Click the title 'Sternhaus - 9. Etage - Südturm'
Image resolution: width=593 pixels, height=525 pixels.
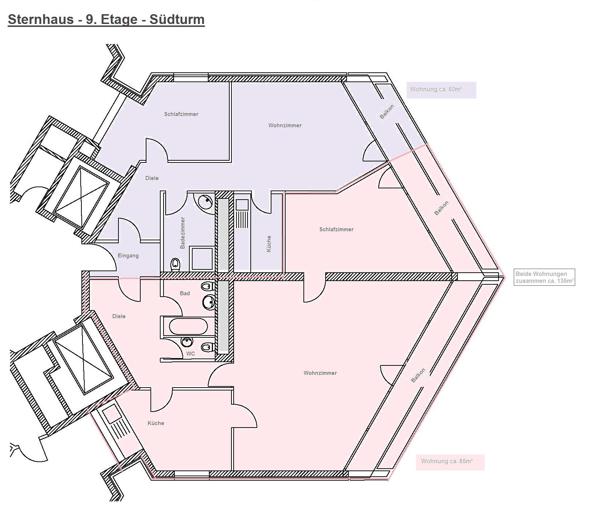tap(106, 19)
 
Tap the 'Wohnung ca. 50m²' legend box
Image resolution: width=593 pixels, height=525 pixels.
tap(441, 90)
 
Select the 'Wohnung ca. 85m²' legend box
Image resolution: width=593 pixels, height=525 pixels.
tap(450, 462)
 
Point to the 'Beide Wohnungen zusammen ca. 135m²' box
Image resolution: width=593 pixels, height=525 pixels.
tap(544, 277)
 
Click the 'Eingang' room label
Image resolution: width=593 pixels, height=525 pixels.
tap(128, 256)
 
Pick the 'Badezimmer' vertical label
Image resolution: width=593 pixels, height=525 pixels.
tap(183, 233)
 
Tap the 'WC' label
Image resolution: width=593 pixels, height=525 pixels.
tap(190, 354)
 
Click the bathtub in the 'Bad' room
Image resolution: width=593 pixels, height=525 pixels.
tap(188, 326)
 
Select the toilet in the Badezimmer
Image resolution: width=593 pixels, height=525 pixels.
tap(175, 264)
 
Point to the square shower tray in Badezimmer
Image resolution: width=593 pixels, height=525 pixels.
tap(202, 259)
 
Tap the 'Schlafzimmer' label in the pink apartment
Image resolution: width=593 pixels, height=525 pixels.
tap(336, 229)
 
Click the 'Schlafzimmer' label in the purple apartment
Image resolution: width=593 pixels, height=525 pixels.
tap(181, 114)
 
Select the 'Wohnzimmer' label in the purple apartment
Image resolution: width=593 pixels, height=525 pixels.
tap(285, 125)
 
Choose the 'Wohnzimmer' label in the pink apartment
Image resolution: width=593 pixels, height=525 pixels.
tap(320, 373)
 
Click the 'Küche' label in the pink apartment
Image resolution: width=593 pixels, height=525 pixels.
tap(156, 423)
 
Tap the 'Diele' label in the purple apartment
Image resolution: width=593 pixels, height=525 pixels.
tap(152, 178)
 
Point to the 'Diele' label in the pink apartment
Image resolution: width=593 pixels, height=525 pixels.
tap(119, 316)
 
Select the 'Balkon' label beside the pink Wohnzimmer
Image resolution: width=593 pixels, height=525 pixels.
tap(418, 376)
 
